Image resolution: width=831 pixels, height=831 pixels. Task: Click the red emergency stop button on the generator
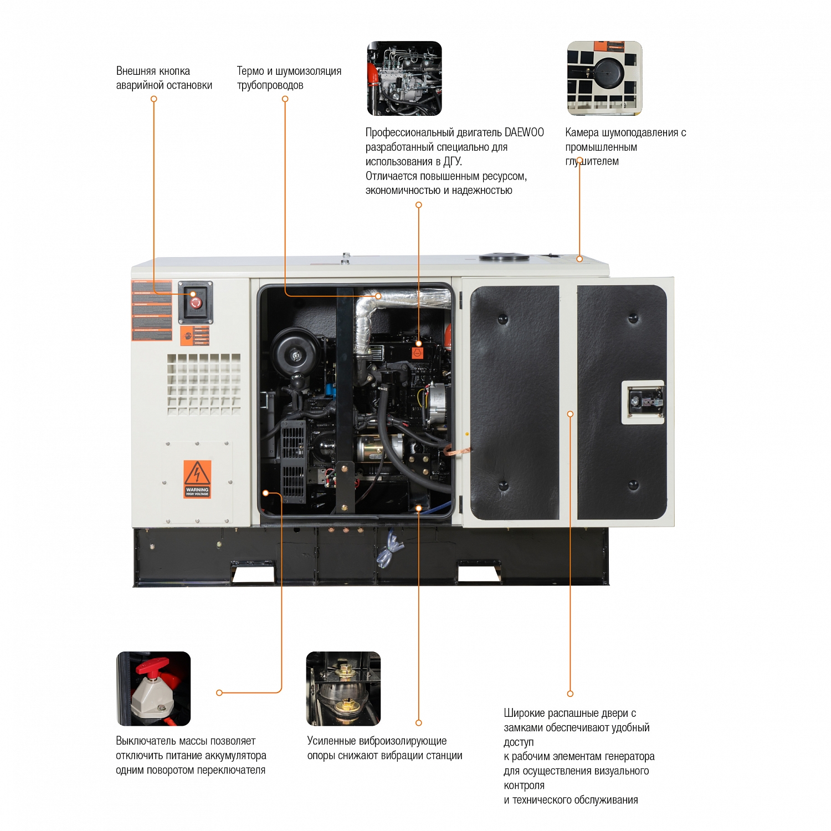(196, 302)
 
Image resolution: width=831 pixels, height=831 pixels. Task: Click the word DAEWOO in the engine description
(524, 132)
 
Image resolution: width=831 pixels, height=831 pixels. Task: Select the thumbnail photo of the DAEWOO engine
(404, 78)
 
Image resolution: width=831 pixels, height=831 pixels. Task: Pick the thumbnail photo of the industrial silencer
(604, 78)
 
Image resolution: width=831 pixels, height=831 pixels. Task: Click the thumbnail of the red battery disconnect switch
(153, 689)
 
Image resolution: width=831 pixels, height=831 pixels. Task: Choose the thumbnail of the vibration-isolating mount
(343, 689)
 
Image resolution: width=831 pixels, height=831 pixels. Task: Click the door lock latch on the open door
(643, 402)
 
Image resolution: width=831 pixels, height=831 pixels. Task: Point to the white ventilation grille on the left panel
(204, 384)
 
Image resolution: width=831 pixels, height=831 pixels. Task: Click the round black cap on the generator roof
(504, 257)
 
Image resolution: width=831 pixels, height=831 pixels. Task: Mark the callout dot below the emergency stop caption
(154, 99)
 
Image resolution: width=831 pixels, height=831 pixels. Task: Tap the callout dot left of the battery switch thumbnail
(219, 693)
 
